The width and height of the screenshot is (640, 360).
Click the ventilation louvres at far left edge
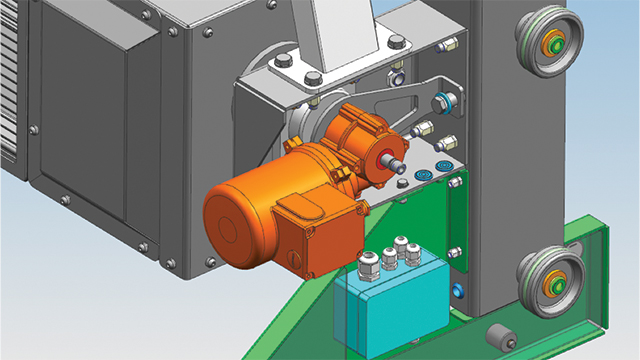[8, 80]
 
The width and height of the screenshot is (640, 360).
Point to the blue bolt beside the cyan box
[457, 291]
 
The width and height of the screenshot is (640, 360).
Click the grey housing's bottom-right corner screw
[211, 262]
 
